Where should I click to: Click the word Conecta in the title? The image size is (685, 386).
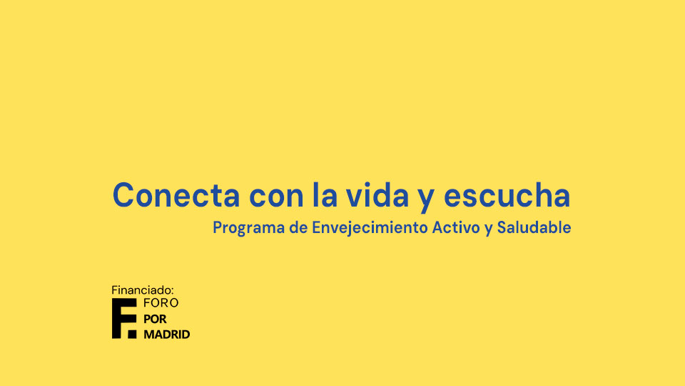tap(176, 195)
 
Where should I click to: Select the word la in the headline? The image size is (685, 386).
tap(325, 194)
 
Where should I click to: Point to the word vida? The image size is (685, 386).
tap(377, 194)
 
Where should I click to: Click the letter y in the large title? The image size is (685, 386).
tap(426, 199)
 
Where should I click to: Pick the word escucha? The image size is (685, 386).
tap(507, 194)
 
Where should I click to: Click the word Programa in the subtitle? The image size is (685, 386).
tap(248, 228)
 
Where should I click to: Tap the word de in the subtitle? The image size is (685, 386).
tap(298, 227)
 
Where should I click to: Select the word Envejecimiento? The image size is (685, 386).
tap(370, 228)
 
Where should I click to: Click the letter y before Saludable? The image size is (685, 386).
tap(488, 229)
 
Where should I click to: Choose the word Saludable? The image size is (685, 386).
tap(534, 227)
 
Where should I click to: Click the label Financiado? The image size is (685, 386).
tap(143, 290)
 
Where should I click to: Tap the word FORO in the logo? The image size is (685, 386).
tap(161, 303)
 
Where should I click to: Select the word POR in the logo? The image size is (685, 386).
tap(155, 319)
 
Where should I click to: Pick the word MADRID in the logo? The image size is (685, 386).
tap(167, 335)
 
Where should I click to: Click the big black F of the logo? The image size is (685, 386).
tap(121, 318)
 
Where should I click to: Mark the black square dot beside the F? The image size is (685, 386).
tap(133, 334)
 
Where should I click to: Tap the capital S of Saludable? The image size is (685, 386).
tap(502, 227)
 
